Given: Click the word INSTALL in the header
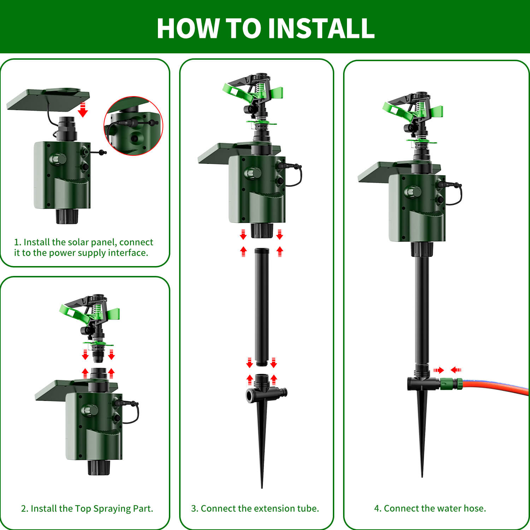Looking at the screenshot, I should (x=321, y=28).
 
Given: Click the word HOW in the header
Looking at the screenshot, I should (x=187, y=28).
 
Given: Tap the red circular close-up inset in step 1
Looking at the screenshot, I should (x=133, y=126).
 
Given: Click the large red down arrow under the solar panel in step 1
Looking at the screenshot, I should (x=83, y=110).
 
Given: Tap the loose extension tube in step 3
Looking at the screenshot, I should (x=262, y=306).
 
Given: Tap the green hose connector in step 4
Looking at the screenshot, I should (x=451, y=384).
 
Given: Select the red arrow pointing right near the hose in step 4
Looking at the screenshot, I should (x=438, y=370).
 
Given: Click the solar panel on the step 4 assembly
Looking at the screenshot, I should (x=375, y=172).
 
